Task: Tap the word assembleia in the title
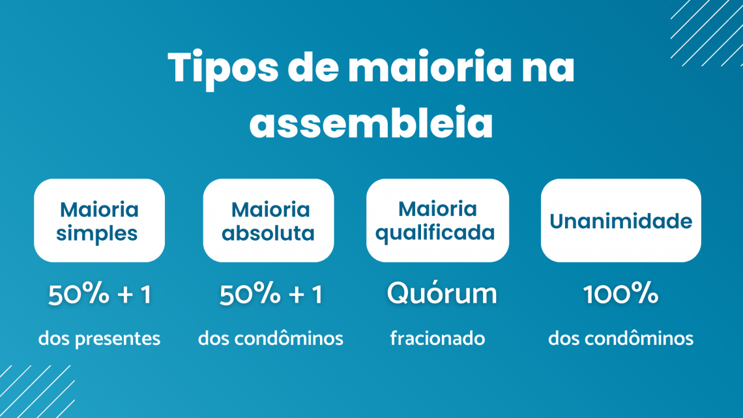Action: [x=371, y=124]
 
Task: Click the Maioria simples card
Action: [x=99, y=220]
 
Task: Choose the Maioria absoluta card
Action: [x=269, y=220]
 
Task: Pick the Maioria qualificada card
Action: [x=437, y=220]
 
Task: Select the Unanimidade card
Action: [x=620, y=220]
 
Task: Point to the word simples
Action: [x=97, y=233]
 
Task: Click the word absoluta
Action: [x=269, y=233]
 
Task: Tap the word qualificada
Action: [x=435, y=233]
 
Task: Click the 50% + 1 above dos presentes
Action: [x=99, y=295]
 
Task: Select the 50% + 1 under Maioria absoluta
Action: [x=270, y=295]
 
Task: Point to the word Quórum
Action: [x=442, y=295]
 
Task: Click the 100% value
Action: [x=620, y=295]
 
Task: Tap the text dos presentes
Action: [x=99, y=339]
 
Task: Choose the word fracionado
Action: [x=437, y=339]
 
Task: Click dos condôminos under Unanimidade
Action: [x=620, y=339]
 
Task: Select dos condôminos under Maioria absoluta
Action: [x=270, y=339]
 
